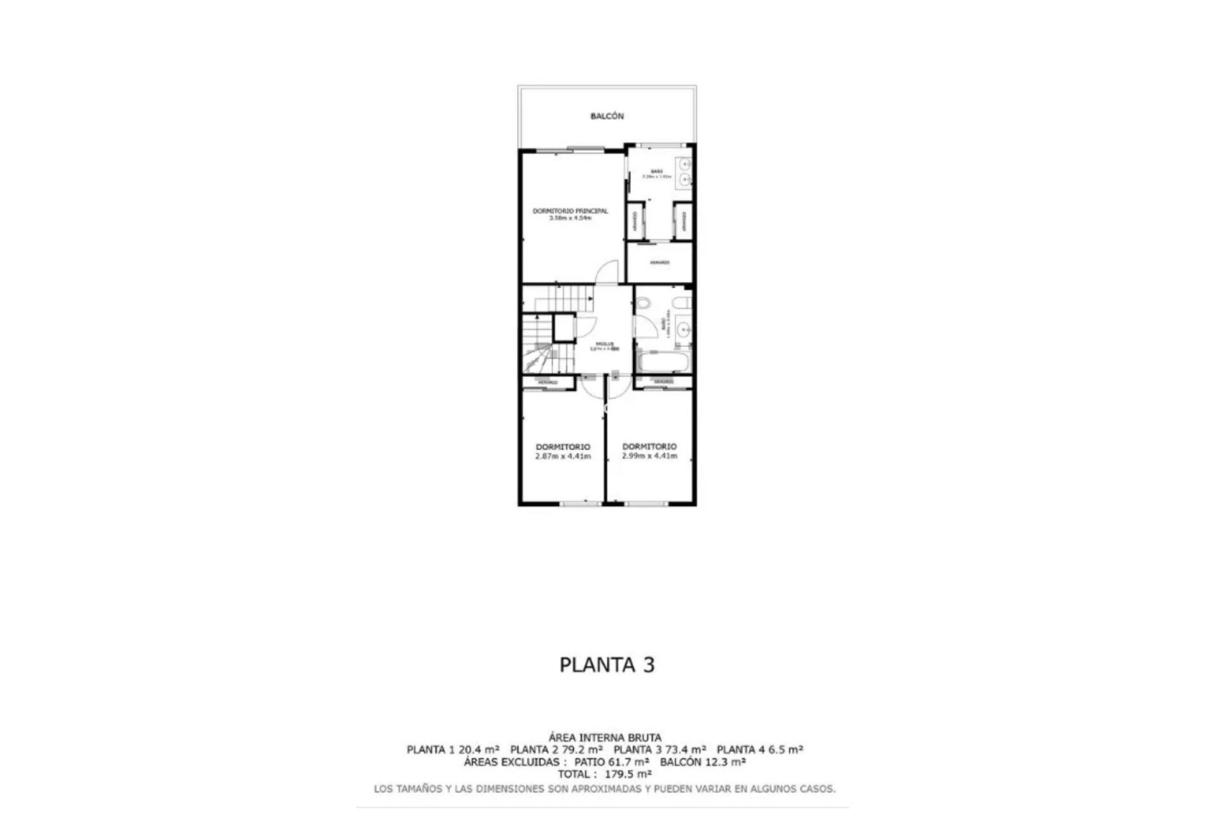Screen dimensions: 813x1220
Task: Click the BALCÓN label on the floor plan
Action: (x=607, y=116)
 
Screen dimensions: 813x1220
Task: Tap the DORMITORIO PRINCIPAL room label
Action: (x=570, y=211)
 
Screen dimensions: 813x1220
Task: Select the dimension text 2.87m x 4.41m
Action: (x=562, y=456)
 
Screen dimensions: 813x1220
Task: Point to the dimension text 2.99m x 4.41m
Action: (x=649, y=456)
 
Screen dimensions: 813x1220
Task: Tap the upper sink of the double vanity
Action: (x=685, y=164)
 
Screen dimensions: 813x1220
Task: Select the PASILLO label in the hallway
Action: (x=603, y=344)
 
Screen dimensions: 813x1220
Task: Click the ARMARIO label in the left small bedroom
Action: (x=548, y=383)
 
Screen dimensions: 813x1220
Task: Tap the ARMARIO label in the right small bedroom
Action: (x=663, y=382)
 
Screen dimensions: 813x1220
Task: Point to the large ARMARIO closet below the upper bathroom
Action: (x=659, y=262)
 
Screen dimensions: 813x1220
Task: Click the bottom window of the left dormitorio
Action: (x=580, y=504)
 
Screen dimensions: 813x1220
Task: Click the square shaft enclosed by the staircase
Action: (x=563, y=328)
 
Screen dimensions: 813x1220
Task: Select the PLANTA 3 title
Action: (x=607, y=665)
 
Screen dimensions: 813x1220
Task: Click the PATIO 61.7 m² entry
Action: (x=611, y=762)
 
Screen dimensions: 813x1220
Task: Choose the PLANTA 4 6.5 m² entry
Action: (x=759, y=749)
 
